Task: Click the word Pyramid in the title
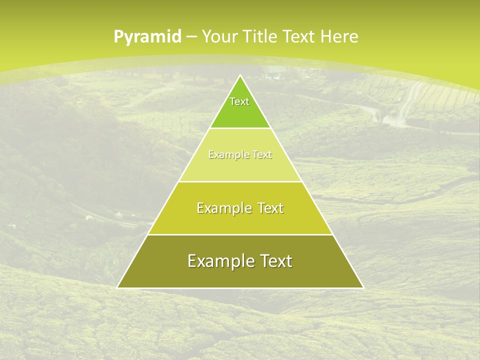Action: [147, 37]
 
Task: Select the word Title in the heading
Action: [260, 36]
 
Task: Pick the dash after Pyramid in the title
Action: [190, 37]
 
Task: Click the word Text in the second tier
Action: [261, 155]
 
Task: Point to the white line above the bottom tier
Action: [240, 234]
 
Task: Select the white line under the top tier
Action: [240, 128]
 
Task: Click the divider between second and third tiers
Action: [240, 181]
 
